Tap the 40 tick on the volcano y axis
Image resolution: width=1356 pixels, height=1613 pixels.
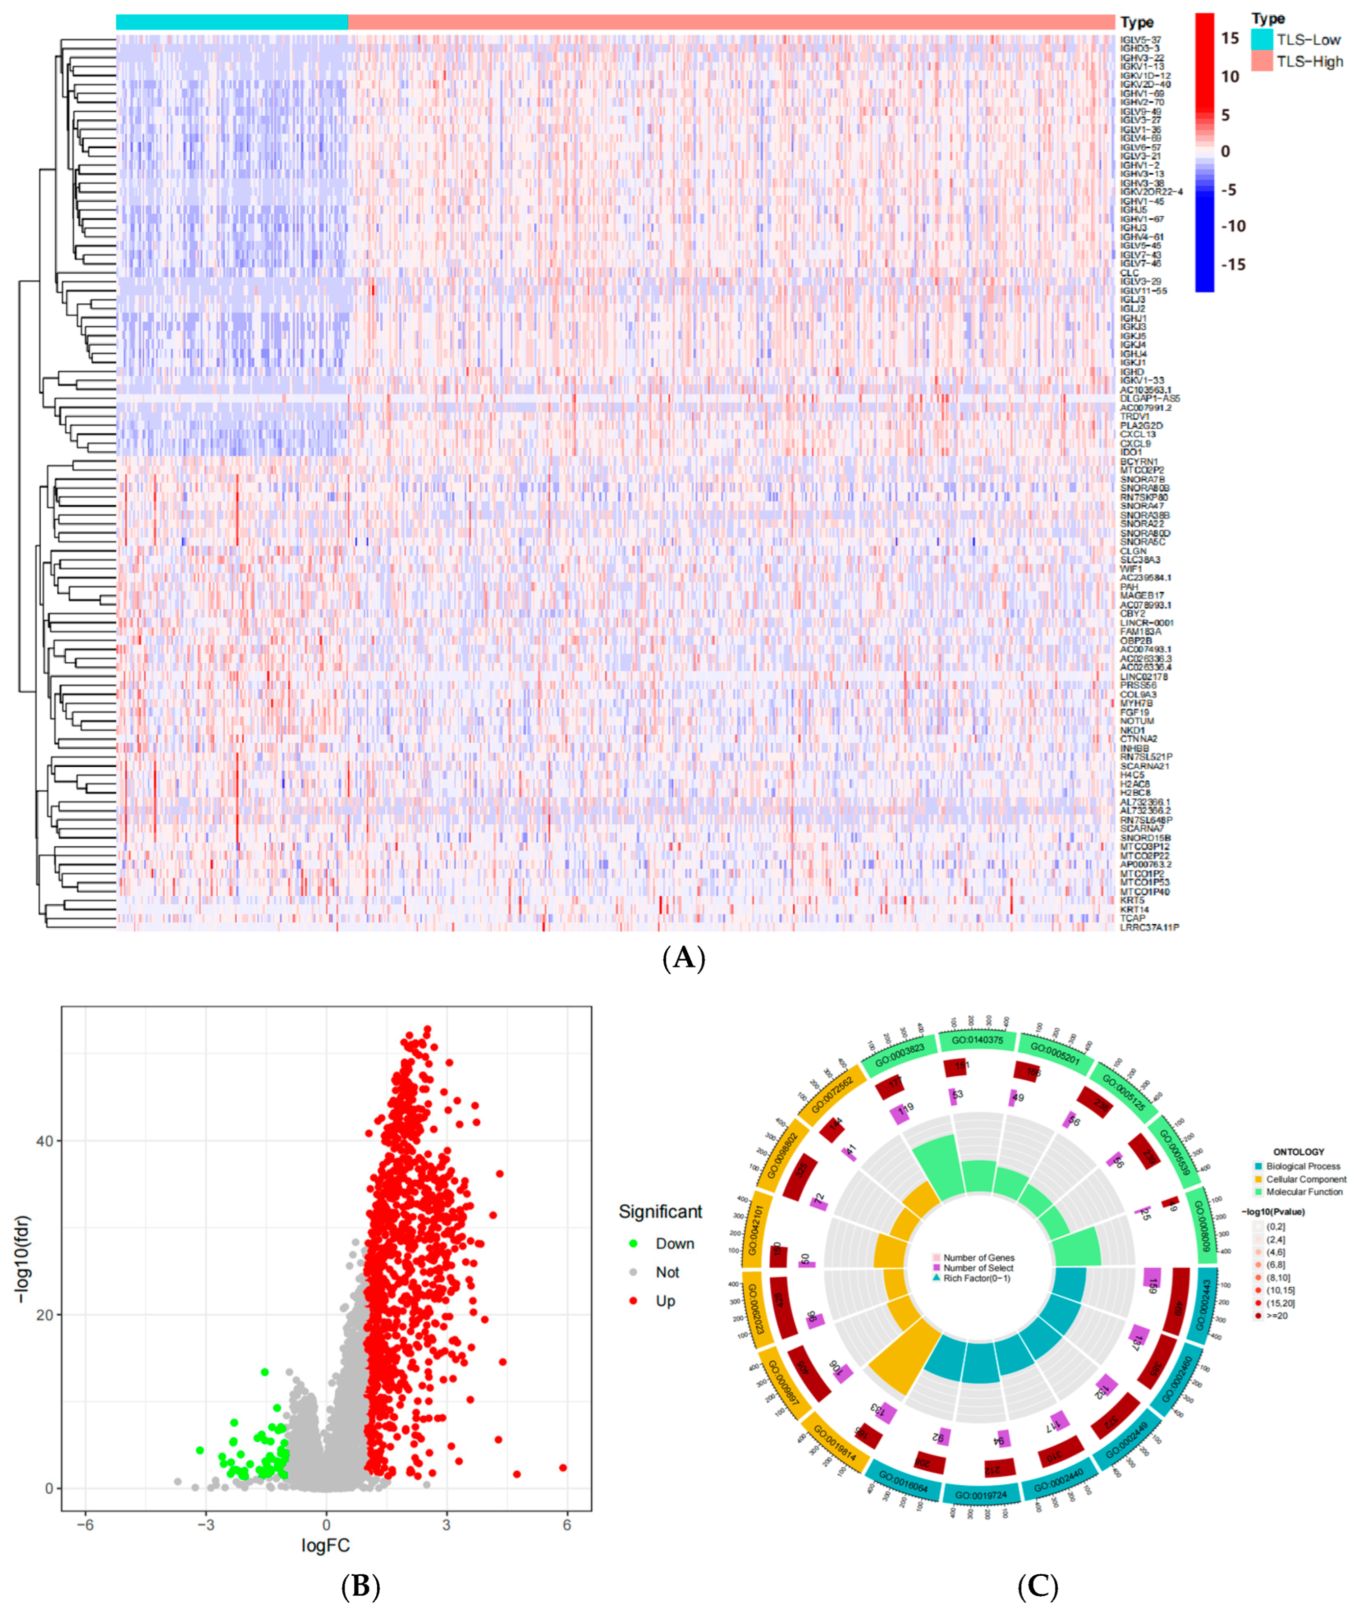tap(44, 1140)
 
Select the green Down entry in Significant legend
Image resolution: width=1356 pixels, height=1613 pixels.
tap(674, 1243)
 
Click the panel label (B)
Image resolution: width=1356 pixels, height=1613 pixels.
tap(360, 1585)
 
